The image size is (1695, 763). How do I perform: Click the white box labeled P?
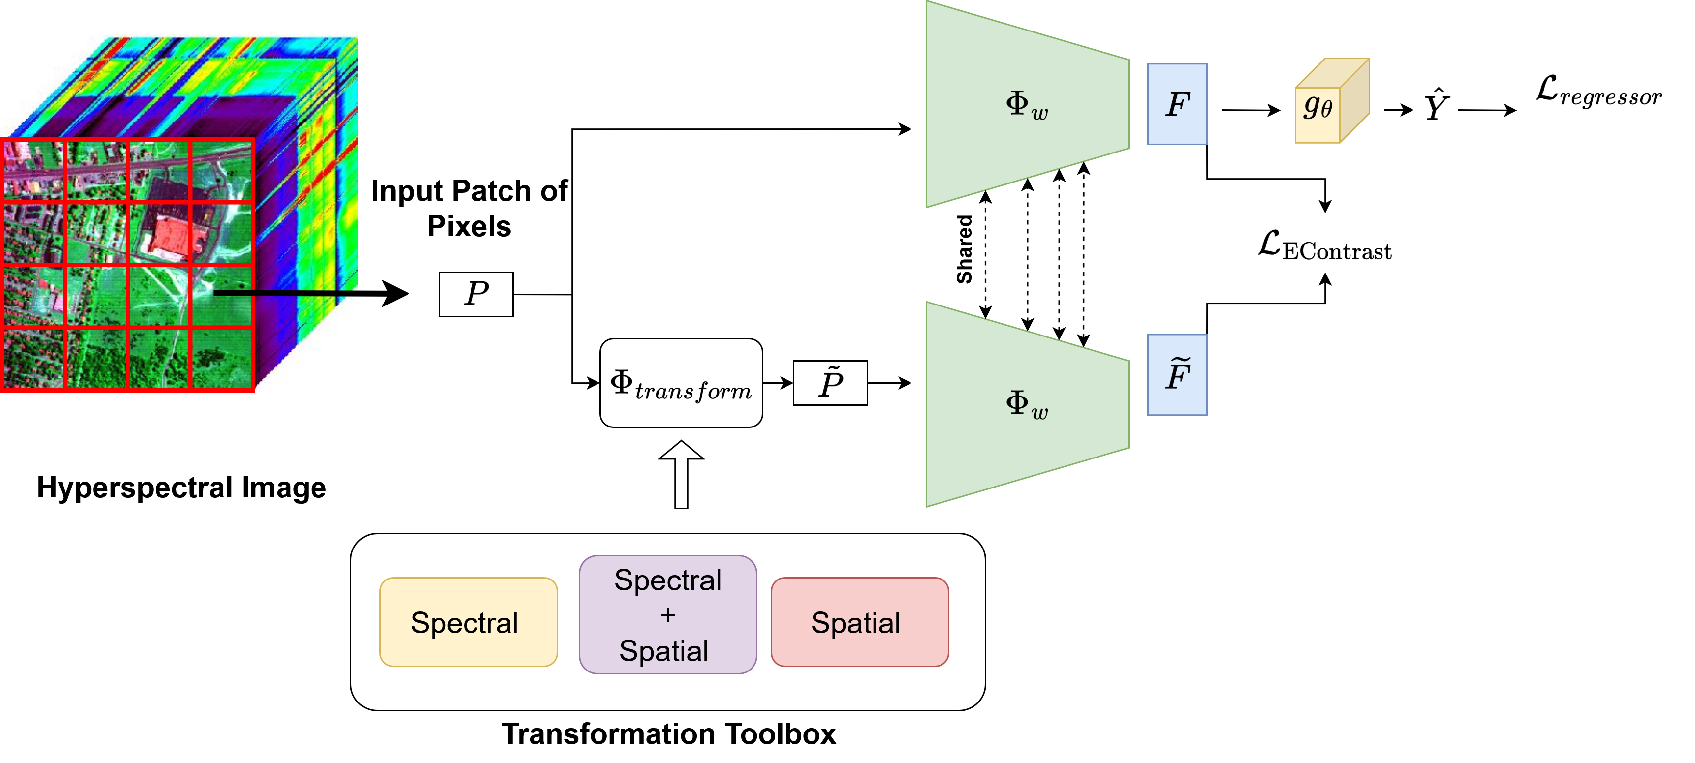476,294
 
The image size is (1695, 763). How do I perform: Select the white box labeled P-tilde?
830,383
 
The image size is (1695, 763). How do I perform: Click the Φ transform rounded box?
681,383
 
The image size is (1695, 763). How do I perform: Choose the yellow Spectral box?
468,622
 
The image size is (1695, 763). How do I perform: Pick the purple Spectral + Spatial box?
667,614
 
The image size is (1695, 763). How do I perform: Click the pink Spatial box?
859,622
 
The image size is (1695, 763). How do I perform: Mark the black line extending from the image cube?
286,293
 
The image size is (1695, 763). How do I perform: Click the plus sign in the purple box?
668,615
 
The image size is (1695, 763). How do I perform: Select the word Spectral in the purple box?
668,580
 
